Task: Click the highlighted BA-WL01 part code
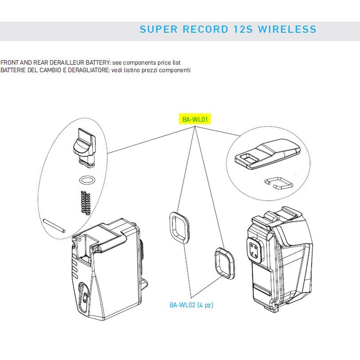(x=195, y=119)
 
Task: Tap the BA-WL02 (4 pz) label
(x=191, y=305)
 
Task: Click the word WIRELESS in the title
(x=287, y=29)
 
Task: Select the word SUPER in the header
(x=158, y=29)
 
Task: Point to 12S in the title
(x=243, y=29)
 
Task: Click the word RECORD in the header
(x=206, y=29)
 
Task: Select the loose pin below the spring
(x=54, y=226)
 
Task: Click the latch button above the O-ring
(x=84, y=147)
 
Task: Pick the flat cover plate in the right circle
(x=268, y=154)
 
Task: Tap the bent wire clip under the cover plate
(x=279, y=183)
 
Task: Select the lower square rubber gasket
(x=225, y=263)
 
